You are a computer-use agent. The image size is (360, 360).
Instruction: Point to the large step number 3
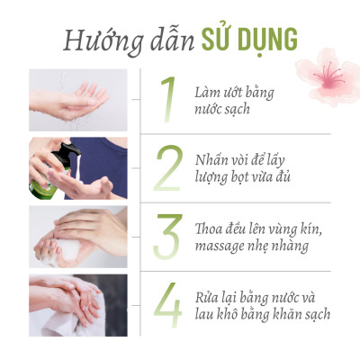coord(167,236)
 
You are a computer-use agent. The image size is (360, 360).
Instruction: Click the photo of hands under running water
coord(77,99)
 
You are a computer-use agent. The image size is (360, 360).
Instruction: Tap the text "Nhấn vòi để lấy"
coord(247,159)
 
